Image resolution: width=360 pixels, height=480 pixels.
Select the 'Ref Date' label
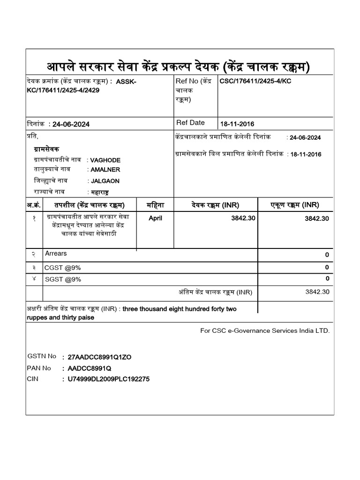190,123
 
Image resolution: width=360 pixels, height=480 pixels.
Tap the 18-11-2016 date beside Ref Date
237,124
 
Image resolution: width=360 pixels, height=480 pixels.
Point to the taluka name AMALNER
105,170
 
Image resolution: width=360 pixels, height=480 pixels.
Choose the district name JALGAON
105,181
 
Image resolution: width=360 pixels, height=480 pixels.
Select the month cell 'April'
155,218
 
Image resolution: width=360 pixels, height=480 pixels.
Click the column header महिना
155,205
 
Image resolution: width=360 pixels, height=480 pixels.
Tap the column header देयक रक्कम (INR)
216,205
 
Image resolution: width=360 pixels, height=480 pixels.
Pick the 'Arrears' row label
56,254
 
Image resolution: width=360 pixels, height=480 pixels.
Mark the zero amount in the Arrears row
327,255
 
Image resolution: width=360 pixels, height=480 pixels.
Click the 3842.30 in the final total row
317,292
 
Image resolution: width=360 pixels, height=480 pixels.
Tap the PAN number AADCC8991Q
90,368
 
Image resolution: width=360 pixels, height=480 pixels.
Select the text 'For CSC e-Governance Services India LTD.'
265,330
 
